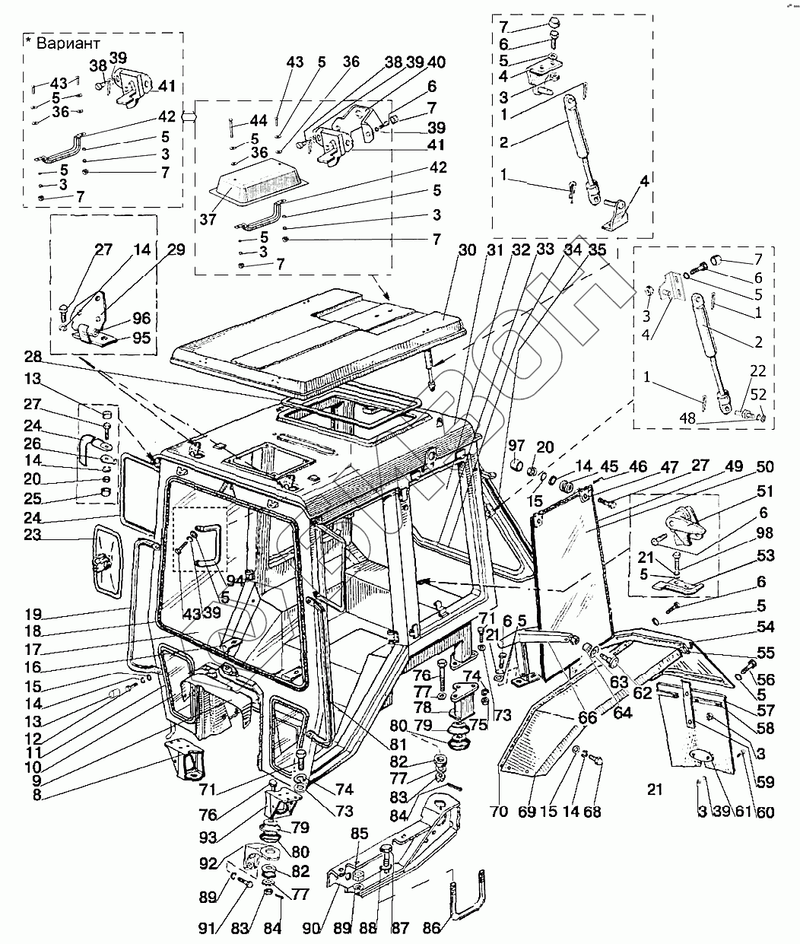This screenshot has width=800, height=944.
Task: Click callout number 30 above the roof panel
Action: coord(466,250)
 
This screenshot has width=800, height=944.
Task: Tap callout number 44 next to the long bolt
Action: coord(258,121)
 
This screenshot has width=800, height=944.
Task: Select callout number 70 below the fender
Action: coord(498,811)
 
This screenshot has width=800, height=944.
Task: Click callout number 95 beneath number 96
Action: coord(141,339)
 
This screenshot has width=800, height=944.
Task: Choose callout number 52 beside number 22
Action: coord(758,394)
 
